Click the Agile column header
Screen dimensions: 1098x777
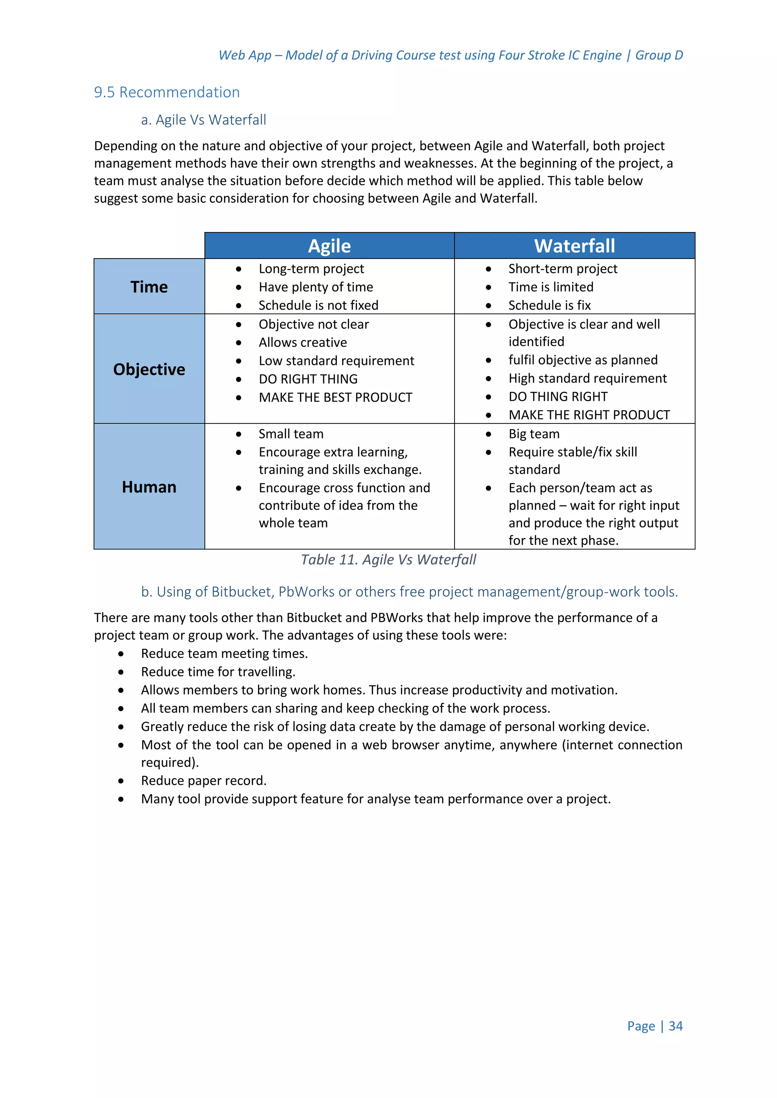pyautogui.click(x=329, y=246)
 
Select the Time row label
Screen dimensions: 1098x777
pyautogui.click(x=149, y=287)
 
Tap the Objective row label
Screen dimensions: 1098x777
pyautogui.click(x=149, y=369)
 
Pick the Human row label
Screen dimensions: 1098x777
pyautogui.click(x=149, y=487)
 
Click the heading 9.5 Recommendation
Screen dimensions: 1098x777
pyautogui.click(x=167, y=92)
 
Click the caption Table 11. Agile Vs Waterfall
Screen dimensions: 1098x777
pyautogui.click(x=388, y=560)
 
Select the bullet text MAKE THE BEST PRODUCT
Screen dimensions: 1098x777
pyautogui.click(x=335, y=397)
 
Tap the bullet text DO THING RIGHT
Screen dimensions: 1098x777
pyautogui.click(x=557, y=397)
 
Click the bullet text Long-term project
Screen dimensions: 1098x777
pyautogui.click(x=311, y=269)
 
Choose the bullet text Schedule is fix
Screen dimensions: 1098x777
pyautogui.click(x=549, y=305)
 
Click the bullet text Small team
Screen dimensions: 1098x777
pyautogui.click(x=291, y=434)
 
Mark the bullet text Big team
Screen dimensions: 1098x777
pyautogui.click(x=533, y=434)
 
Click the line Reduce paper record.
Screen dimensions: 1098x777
pyautogui.click(x=203, y=780)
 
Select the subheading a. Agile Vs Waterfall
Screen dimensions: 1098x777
pyautogui.click(x=203, y=119)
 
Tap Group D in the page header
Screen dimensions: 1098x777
pyautogui.click(x=659, y=55)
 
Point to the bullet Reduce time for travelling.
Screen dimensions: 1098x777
pyautogui.click(x=218, y=672)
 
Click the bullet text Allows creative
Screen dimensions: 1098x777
pyautogui.click(x=302, y=342)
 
